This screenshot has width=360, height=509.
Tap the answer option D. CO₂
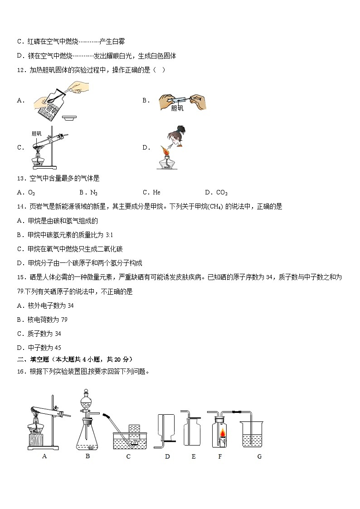(x=216, y=193)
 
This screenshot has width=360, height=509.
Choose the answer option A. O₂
(x=26, y=193)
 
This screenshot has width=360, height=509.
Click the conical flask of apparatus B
(x=88, y=436)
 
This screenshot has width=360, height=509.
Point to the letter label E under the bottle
(x=194, y=456)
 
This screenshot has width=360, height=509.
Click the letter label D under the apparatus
(x=167, y=456)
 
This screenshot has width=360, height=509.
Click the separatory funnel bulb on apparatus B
(x=87, y=402)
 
